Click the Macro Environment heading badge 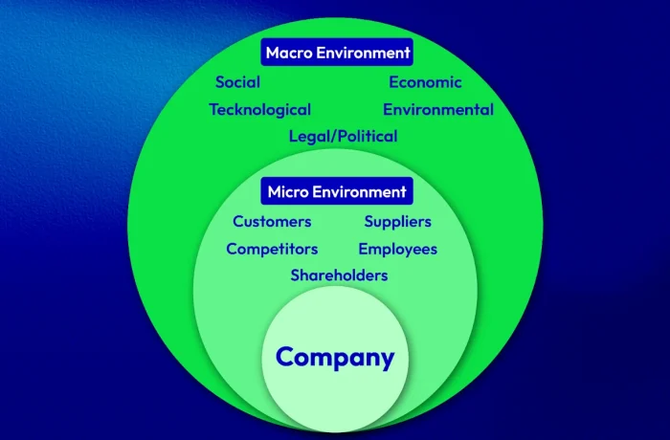coord(337,52)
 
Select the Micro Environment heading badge coord(337,191)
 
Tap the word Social coord(237,82)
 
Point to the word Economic coord(425,82)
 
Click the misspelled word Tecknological coord(259,110)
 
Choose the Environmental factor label coord(438,109)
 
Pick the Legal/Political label coord(343,136)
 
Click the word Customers coord(272,221)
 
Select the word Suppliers coord(398,222)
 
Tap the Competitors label coord(272,249)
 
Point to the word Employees coord(398,249)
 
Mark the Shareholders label coord(339,275)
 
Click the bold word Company coord(335,358)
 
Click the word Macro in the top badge coord(289,53)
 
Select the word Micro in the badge coord(288,192)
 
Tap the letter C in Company coord(286,356)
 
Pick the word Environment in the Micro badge coord(359,192)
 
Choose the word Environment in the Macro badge coord(364,53)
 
